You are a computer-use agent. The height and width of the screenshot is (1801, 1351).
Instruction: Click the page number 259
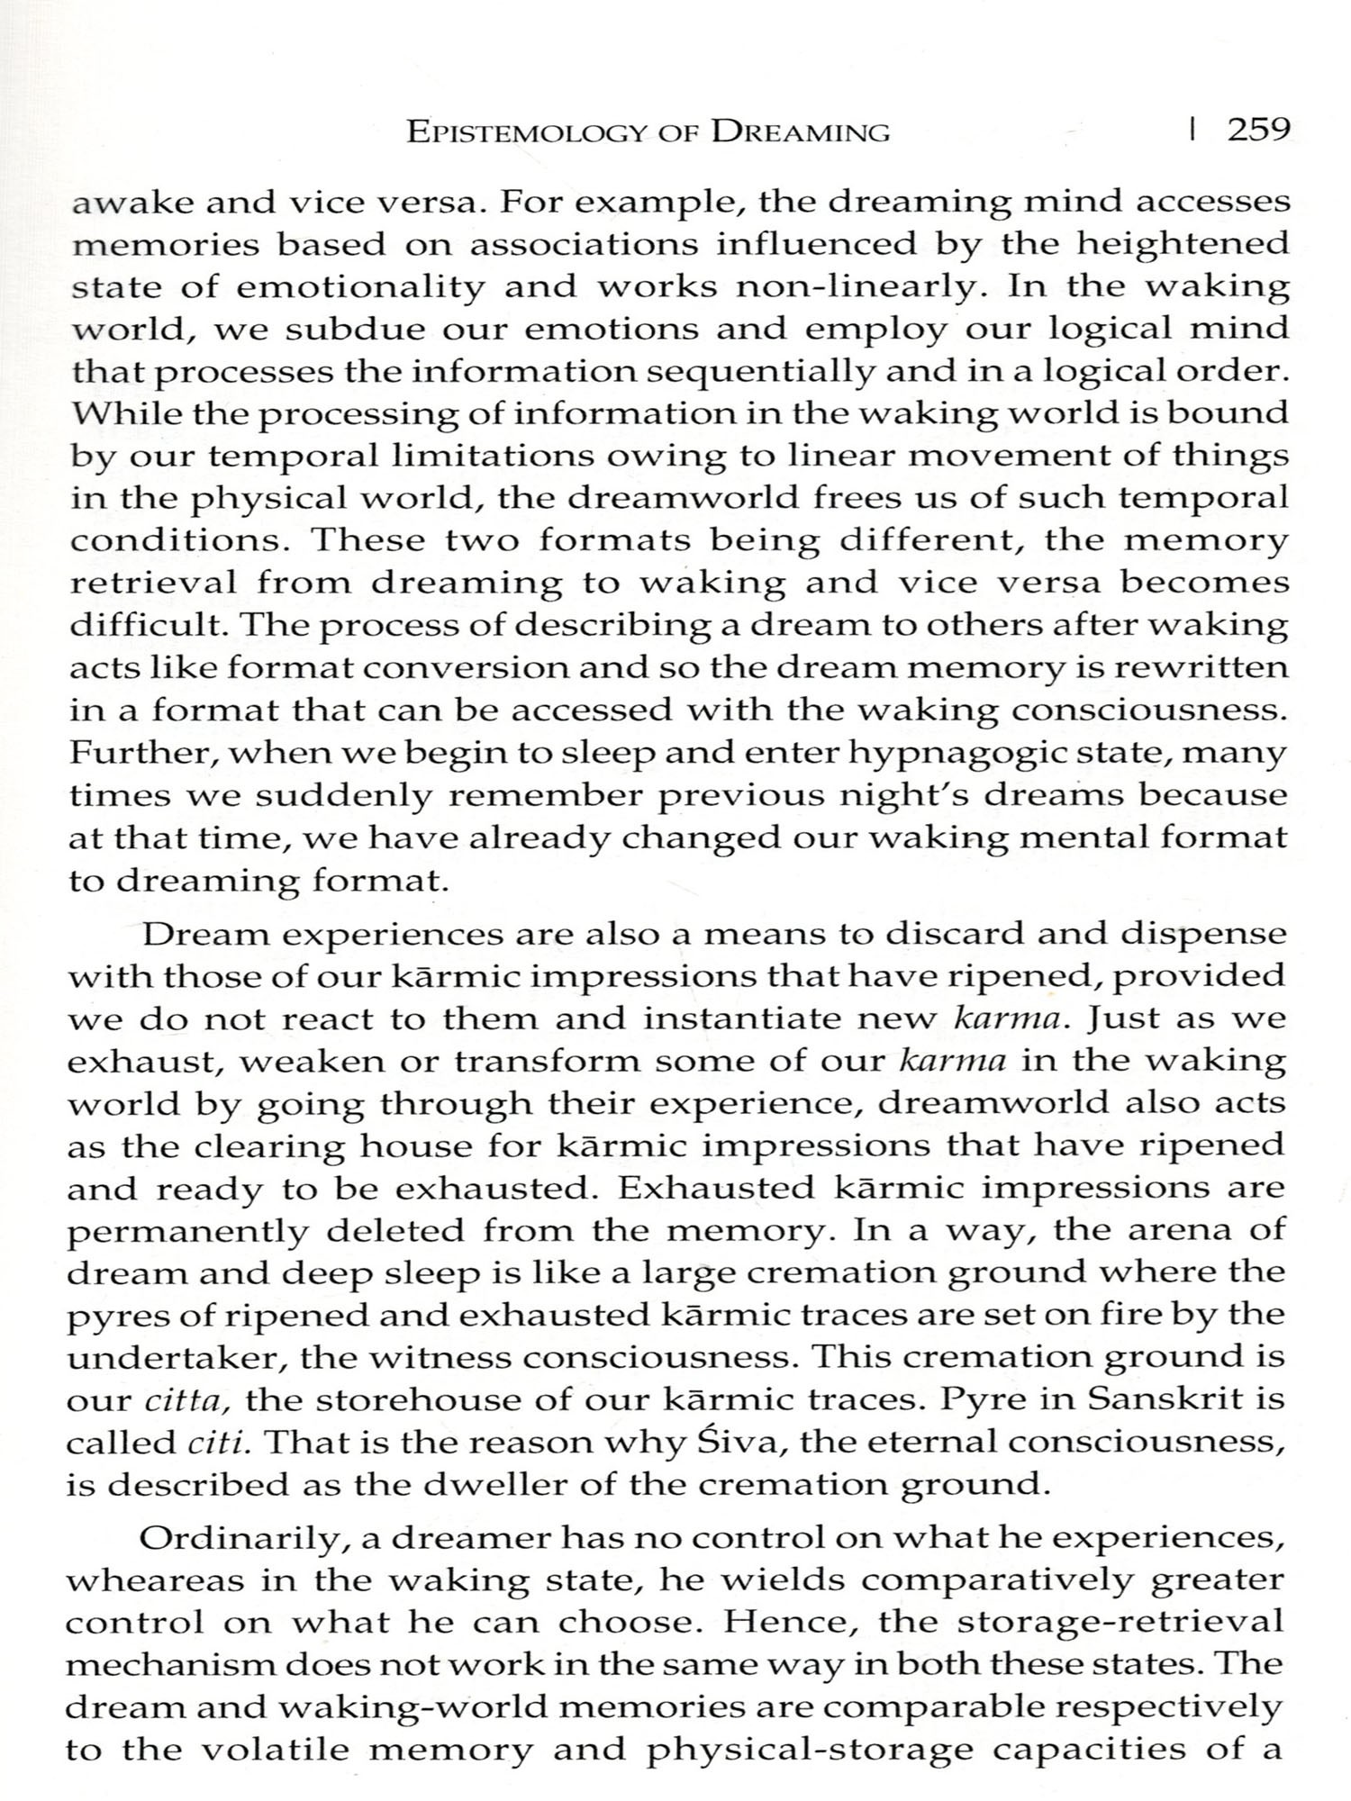pos(1259,131)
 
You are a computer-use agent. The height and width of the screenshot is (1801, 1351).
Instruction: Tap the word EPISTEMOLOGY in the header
pos(527,132)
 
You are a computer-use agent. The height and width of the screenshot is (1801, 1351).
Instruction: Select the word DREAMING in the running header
pos(801,132)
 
